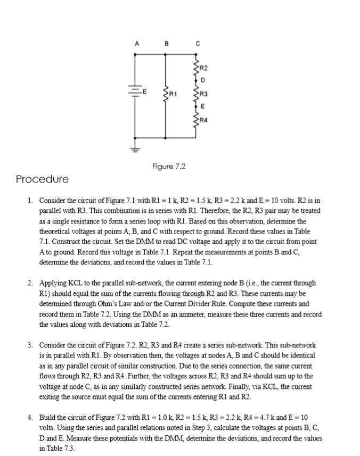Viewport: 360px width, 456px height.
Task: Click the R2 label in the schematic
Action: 204,67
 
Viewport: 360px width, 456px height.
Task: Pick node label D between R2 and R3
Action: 203,80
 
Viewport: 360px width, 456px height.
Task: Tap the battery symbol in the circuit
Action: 135,92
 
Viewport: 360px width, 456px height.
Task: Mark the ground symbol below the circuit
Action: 135,148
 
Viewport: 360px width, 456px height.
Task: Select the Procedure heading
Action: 42,179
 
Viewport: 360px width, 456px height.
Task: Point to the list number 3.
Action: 31,345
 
